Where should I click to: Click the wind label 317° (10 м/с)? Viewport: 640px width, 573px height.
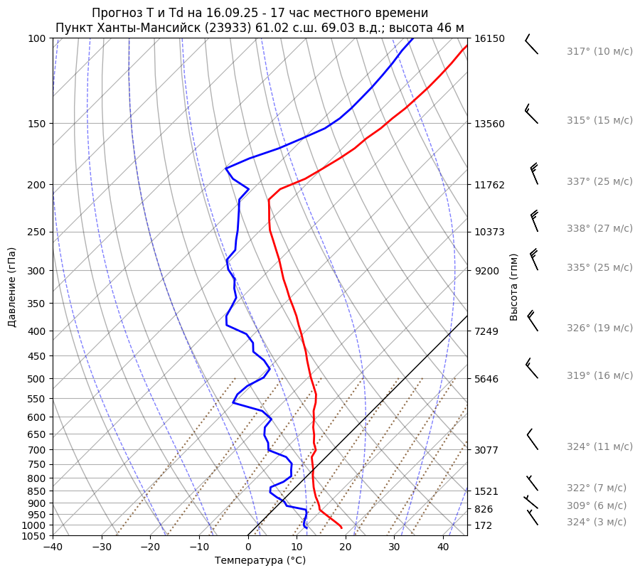pyautogui.click(x=599, y=51)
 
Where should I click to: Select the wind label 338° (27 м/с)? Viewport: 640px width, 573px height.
pyautogui.click(x=599, y=228)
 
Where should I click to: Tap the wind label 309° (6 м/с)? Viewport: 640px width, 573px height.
pyautogui.click(x=597, y=505)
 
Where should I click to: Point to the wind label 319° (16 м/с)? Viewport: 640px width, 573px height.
pyautogui.click(x=599, y=375)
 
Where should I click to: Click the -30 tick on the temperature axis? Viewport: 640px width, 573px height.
pyautogui.click(x=102, y=547)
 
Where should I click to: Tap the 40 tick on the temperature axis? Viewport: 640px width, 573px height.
pyautogui.click(x=443, y=547)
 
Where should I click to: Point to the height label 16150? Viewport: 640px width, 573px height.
pyautogui.click(x=489, y=38)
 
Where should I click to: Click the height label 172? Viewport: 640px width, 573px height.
pyautogui.click(x=484, y=525)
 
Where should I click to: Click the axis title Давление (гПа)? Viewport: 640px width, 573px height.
pyautogui.click(x=12, y=287)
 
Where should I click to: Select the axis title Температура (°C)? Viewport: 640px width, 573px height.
pyautogui.click(x=260, y=560)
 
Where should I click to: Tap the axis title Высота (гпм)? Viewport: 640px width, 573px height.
pyautogui.click(x=513, y=287)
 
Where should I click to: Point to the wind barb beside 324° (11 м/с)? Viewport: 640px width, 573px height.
pyautogui.click(x=533, y=440)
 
